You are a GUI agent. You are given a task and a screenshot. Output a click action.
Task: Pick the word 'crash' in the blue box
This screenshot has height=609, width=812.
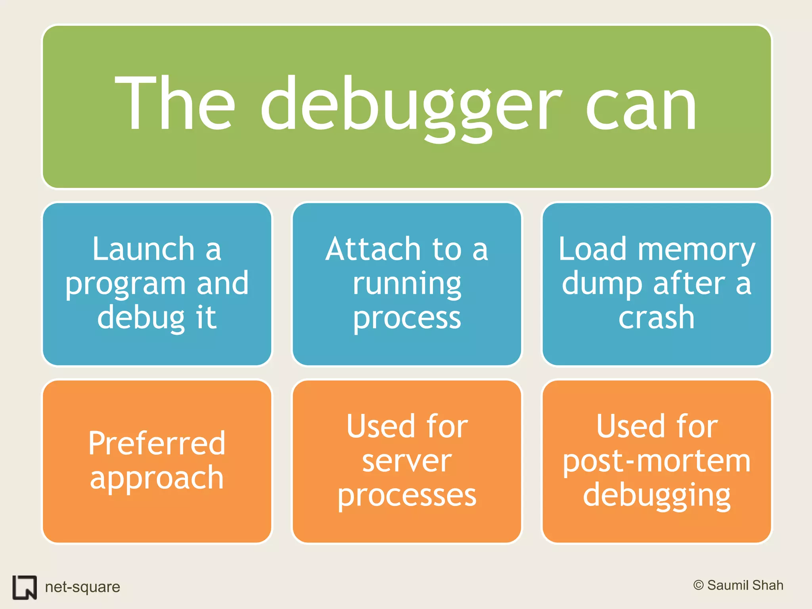click(x=657, y=318)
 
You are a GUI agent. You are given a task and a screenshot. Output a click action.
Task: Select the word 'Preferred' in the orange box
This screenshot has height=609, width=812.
click(x=157, y=443)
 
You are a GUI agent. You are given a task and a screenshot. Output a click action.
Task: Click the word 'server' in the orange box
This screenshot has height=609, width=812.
click(x=407, y=461)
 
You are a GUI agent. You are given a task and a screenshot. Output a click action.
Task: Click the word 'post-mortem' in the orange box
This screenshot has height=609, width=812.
click(x=657, y=462)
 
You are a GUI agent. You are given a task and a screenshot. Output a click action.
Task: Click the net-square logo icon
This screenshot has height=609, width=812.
click(x=25, y=587)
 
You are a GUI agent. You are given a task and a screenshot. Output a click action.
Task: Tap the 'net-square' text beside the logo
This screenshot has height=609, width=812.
click(x=82, y=587)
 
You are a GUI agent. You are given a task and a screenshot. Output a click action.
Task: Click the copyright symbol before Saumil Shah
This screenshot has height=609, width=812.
click(x=698, y=585)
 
